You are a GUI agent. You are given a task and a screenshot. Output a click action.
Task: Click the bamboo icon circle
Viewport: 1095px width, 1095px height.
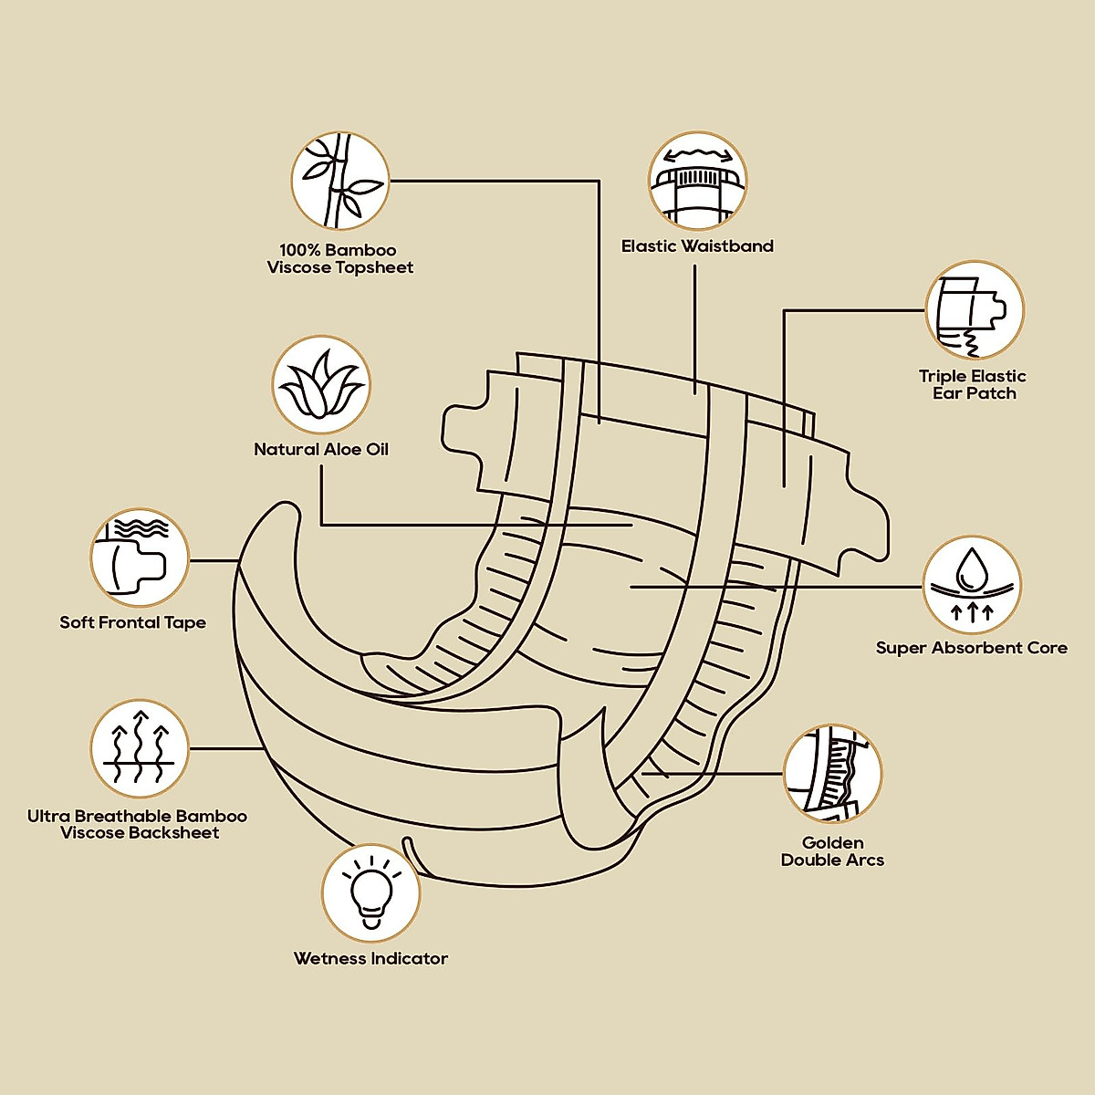(339, 181)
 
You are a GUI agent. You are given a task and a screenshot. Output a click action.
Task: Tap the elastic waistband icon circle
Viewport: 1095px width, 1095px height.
(697, 180)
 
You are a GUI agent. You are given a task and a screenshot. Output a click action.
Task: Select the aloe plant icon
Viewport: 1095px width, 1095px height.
(321, 384)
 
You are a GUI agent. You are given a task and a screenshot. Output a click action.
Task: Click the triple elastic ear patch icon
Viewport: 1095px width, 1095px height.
(975, 309)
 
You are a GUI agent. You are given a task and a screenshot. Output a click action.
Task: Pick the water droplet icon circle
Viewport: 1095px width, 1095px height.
(972, 585)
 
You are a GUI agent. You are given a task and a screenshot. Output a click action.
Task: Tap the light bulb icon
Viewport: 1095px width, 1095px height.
(371, 893)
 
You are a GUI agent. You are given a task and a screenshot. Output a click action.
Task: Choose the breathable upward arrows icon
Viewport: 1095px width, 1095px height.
(140, 748)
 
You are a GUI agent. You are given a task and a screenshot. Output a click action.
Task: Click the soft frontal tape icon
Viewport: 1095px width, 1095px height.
(140, 558)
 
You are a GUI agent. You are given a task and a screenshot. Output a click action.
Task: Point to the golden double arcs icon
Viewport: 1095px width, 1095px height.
(832, 774)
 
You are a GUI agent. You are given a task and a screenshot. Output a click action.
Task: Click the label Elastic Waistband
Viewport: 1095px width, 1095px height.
(697, 246)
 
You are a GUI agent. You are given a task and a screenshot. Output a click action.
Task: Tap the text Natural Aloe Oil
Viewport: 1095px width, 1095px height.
(321, 450)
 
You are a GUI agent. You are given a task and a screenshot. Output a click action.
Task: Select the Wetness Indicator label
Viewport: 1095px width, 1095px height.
(371, 959)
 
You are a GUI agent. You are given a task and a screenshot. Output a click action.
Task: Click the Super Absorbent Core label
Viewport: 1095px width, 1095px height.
(972, 648)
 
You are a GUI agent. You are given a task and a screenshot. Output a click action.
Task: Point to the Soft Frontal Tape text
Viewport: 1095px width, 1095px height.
(133, 623)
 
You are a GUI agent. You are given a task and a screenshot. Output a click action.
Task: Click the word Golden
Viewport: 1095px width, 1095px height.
(832, 843)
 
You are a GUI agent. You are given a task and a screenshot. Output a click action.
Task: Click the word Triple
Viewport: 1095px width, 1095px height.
(944, 377)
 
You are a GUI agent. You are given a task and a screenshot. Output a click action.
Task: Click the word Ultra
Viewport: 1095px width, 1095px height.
(49, 817)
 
